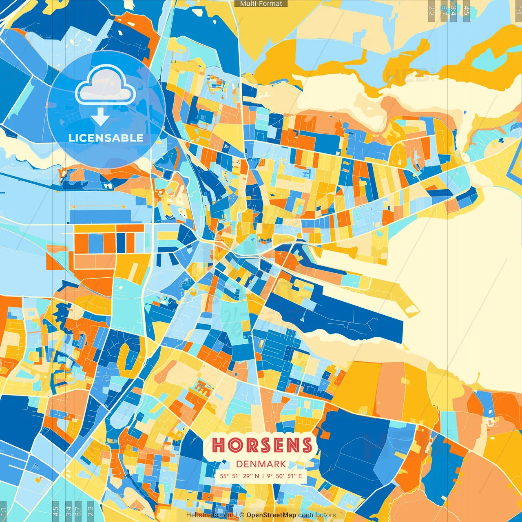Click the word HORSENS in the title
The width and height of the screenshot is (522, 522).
point(262,445)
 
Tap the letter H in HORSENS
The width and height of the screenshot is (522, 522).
point(218,445)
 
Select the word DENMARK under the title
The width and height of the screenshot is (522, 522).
point(261,464)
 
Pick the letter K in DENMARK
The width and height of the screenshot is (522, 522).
point(283,464)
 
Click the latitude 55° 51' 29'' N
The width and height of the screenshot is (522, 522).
point(239,476)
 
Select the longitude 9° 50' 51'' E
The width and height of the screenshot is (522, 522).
point(285,476)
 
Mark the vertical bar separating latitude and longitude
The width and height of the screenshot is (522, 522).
point(263,476)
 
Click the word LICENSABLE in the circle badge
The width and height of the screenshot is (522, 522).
point(106,138)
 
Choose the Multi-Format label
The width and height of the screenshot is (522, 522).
point(261,4)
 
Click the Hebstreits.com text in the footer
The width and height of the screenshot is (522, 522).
point(210,515)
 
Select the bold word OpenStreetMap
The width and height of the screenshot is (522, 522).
point(271,515)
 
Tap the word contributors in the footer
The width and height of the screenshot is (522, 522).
point(317,515)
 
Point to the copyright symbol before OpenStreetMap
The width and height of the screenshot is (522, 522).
point(242,515)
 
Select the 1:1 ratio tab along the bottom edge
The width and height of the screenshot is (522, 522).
point(3,511)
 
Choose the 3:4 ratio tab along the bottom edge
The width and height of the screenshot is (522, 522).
point(68,511)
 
